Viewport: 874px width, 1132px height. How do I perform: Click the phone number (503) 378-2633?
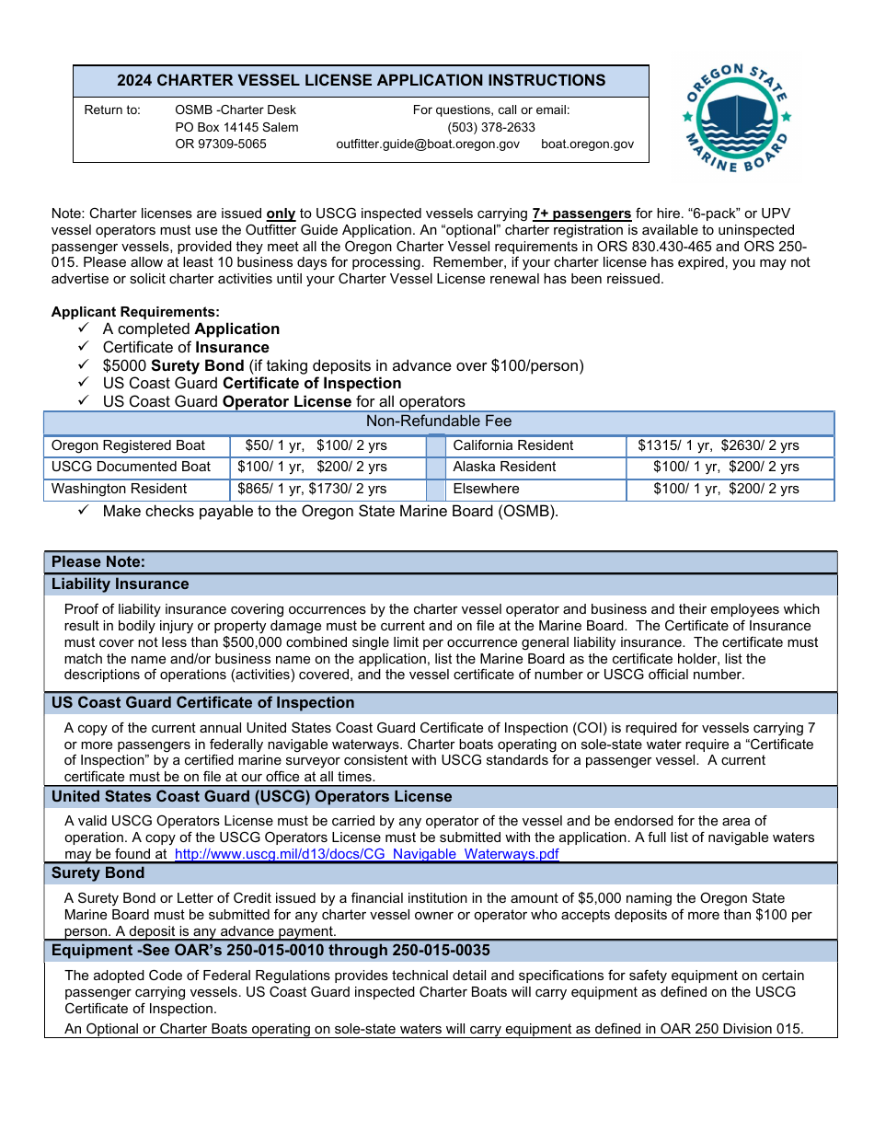(x=491, y=127)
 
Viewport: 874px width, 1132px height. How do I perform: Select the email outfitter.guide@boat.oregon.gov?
(x=428, y=144)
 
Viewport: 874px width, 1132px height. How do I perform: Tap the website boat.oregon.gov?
(x=587, y=144)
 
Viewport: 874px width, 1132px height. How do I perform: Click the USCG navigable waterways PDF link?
(x=366, y=854)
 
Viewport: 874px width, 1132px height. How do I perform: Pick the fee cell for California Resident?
(x=719, y=445)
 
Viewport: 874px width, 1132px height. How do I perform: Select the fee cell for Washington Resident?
(x=312, y=489)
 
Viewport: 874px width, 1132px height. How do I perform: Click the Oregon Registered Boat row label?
(x=129, y=445)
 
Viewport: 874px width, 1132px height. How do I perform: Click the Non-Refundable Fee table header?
(x=439, y=422)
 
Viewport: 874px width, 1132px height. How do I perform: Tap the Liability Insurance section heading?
(x=121, y=584)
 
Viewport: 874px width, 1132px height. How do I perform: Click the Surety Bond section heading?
(x=98, y=873)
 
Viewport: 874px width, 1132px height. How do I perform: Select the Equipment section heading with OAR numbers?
(x=270, y=950)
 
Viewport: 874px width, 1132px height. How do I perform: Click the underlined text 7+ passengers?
(x=581, y=214)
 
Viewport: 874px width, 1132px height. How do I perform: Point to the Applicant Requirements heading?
(x=135, y=312)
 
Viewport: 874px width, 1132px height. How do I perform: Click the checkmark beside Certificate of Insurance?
(x=84, y=347)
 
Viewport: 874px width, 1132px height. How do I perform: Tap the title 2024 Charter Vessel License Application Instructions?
(x=361, y=81)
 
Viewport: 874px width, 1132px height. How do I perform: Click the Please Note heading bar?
(x=98, y=562)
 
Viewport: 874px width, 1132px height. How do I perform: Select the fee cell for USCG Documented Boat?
(x=312, y=467)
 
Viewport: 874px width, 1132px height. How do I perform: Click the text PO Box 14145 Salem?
(x=236, y=127)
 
